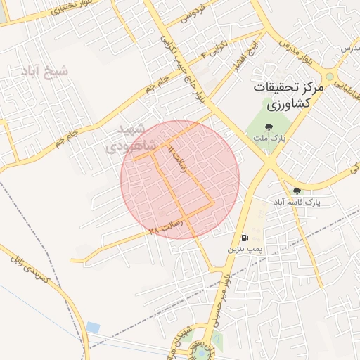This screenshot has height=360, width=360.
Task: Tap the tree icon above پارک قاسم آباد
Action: click(x=297, y=191)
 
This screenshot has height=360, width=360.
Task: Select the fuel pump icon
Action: click(x=244, y=238)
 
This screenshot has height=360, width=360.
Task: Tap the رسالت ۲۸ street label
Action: click(x=166, y=226)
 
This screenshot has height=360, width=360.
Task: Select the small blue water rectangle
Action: click(x=93, y=328)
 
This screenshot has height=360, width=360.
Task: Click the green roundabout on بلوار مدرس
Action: click(x=330, y=76)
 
